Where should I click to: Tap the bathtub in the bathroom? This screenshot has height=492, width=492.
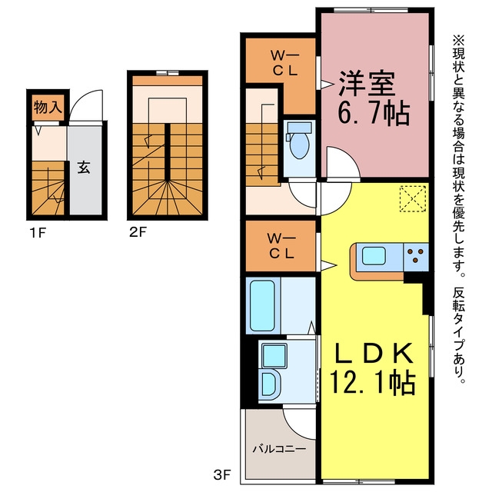click(x=263, y=305)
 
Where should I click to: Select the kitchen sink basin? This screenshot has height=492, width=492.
click(x=374, y=255)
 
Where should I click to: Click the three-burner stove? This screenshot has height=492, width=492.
click(x=416, y=256)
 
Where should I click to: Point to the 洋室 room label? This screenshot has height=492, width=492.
click(x=367, y=84)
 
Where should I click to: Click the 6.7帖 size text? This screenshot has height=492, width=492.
click(x=374, y=113)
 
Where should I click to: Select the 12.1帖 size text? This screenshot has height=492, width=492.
click(x=372, y=382)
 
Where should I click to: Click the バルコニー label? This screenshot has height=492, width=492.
click(x=279, y=449)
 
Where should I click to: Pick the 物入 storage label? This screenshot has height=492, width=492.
click(x=48, y=108)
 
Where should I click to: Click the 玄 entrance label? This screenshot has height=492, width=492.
click(x=84, y=168)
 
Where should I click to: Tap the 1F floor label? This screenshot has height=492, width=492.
click(x=38, y=233)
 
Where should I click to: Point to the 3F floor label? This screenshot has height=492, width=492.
click(x=222, y=475)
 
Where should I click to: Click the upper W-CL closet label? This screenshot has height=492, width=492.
click(x=284, y=64)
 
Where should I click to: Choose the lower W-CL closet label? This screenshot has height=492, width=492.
click(x=281, y=246)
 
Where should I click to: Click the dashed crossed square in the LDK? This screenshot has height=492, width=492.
click(x=413, y=199)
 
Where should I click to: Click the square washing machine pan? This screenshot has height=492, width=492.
click(x=274, y=356)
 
